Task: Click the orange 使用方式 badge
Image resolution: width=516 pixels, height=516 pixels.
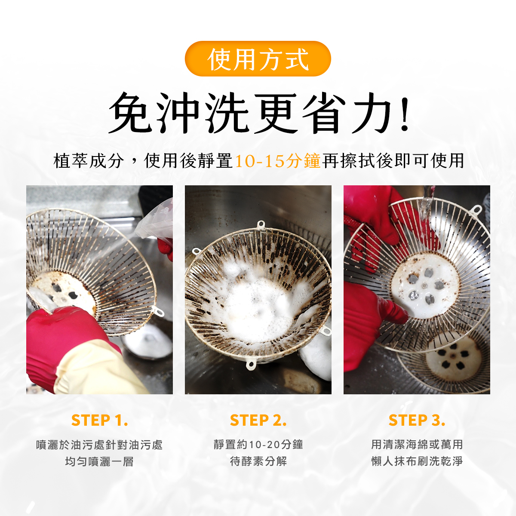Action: tap(258, 58)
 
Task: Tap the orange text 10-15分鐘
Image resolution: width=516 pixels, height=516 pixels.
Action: tap(278, 161)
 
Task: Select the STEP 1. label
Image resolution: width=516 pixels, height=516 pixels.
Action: tap(100, 420)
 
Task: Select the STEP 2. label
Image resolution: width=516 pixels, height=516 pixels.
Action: tap(258, 420)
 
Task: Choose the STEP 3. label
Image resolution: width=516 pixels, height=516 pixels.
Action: tap(417, 420)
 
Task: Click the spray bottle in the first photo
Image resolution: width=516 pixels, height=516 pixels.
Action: tap(155, 220)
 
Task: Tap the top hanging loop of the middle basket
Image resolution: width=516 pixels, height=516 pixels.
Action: tap(261, 224)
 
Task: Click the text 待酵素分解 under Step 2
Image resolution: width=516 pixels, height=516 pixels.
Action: tap(258, 461)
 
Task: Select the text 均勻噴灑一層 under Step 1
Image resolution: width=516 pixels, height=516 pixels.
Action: tap(99, 461)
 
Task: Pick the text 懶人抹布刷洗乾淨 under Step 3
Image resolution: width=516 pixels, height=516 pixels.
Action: tap(417, 461)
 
